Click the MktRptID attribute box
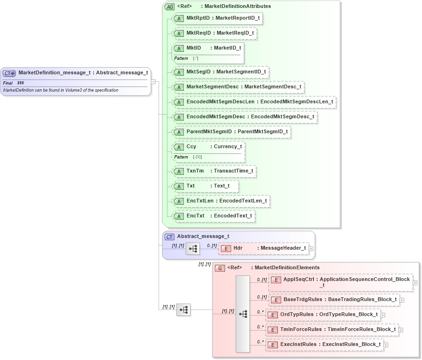point(217,18)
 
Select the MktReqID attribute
point(215,33)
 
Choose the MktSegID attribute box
point(220,72)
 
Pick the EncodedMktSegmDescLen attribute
point(254,101)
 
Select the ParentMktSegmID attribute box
point(232,132)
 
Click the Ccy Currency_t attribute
point(208,146)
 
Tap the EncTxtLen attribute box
point(221,201)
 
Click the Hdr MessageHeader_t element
point(264,248)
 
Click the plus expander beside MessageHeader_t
point(311,249)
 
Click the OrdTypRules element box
point(323,315)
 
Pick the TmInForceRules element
point(332,330)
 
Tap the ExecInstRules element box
point(324,345)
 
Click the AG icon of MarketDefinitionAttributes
point(170,7)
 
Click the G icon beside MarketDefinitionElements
point(220,268)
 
